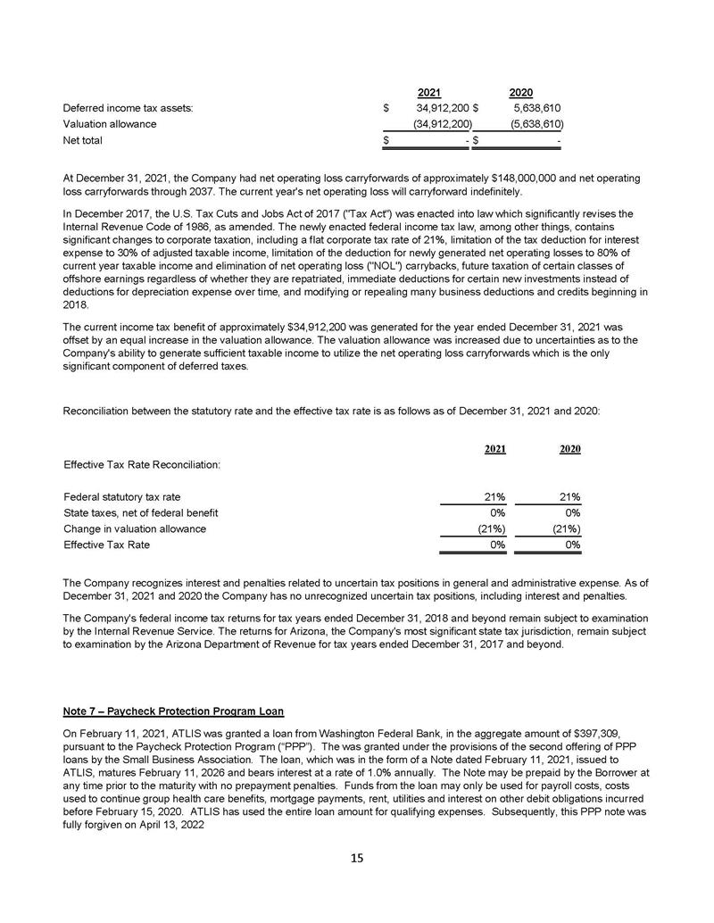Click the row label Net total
click(x=82, y=140)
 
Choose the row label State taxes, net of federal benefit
click(x=141, y=513)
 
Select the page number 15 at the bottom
click(x=357, y=859)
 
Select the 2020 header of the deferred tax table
click(x=520, y=92)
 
